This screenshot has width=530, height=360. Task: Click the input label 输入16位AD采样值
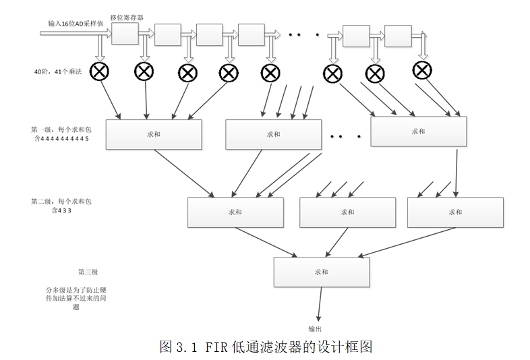click(x=75, y=23)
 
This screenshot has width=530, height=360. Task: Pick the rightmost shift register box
click(x=398, y=35)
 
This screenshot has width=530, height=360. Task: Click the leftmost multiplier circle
click(x=101, y=71)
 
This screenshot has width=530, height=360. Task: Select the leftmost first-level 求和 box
click(x=154, y=134)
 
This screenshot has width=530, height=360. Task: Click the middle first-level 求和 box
click(x=273, y=134)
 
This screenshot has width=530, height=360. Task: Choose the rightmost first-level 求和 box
click(x=418, y=131)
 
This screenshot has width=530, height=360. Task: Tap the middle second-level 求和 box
click(x=347, y=212)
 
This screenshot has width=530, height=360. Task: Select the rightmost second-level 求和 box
click(x=455, y=212)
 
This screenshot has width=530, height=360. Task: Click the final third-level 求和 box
click(x=321, y=272)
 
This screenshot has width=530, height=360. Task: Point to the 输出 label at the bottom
click(x=316, y=329)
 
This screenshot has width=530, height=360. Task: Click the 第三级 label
click(x=88, y=272)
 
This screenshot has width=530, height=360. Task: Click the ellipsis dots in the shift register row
click(x=302, y=34)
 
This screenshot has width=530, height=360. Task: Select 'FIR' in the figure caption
click(x=216, y=347)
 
